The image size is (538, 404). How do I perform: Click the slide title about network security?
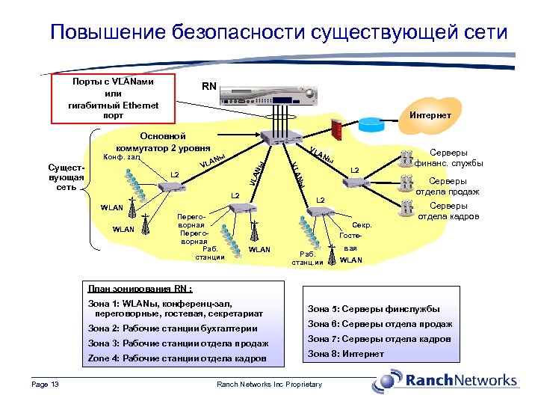tap(278, 32)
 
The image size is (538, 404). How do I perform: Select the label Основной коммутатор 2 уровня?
tap(164, 142)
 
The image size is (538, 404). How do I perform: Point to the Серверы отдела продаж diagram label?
tap(448, 186)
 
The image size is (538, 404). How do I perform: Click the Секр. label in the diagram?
tap(362, 224)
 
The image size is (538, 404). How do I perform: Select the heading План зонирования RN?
tap(139, 289)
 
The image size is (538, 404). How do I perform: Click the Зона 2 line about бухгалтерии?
tap(173, 328)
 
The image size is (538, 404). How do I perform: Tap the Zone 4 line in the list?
tap(176, 358)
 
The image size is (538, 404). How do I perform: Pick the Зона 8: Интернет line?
tap(346, 354)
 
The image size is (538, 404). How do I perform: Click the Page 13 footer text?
tap(46, 385)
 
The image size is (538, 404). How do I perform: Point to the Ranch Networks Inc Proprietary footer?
tap(269, 385)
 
